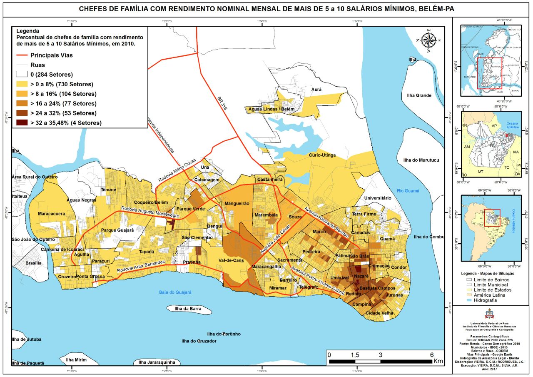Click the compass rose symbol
click(428, 40)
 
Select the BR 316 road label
click(223, 106)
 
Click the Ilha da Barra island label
click(189, 309)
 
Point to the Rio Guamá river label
click(408, 191)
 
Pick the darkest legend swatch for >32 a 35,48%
click(22, 123)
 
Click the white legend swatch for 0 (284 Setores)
click(22, 75)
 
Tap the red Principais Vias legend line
click(22, 55)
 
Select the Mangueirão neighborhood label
click(237, 204)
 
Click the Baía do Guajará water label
click(175, 292)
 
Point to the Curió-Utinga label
click(322, 155)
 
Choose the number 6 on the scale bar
click(431, 355)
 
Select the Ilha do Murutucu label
click(421, 160)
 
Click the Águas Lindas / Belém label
click(271, 109)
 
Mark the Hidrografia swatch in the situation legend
click(471, 300)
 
